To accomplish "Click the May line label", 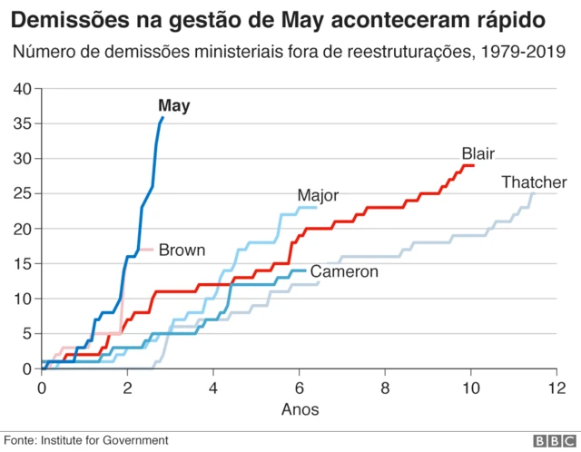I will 173,106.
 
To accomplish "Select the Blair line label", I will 478,153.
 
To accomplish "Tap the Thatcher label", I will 535,183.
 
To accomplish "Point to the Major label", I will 318,195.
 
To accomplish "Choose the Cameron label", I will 344,271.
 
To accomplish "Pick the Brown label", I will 182,250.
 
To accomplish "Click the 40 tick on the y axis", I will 23,89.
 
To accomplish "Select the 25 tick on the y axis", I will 23,193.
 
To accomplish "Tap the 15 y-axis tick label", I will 23,264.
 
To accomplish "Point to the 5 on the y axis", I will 26,334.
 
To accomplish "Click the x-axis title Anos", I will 300,409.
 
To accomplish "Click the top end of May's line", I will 162,117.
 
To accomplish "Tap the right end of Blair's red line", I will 473,165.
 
